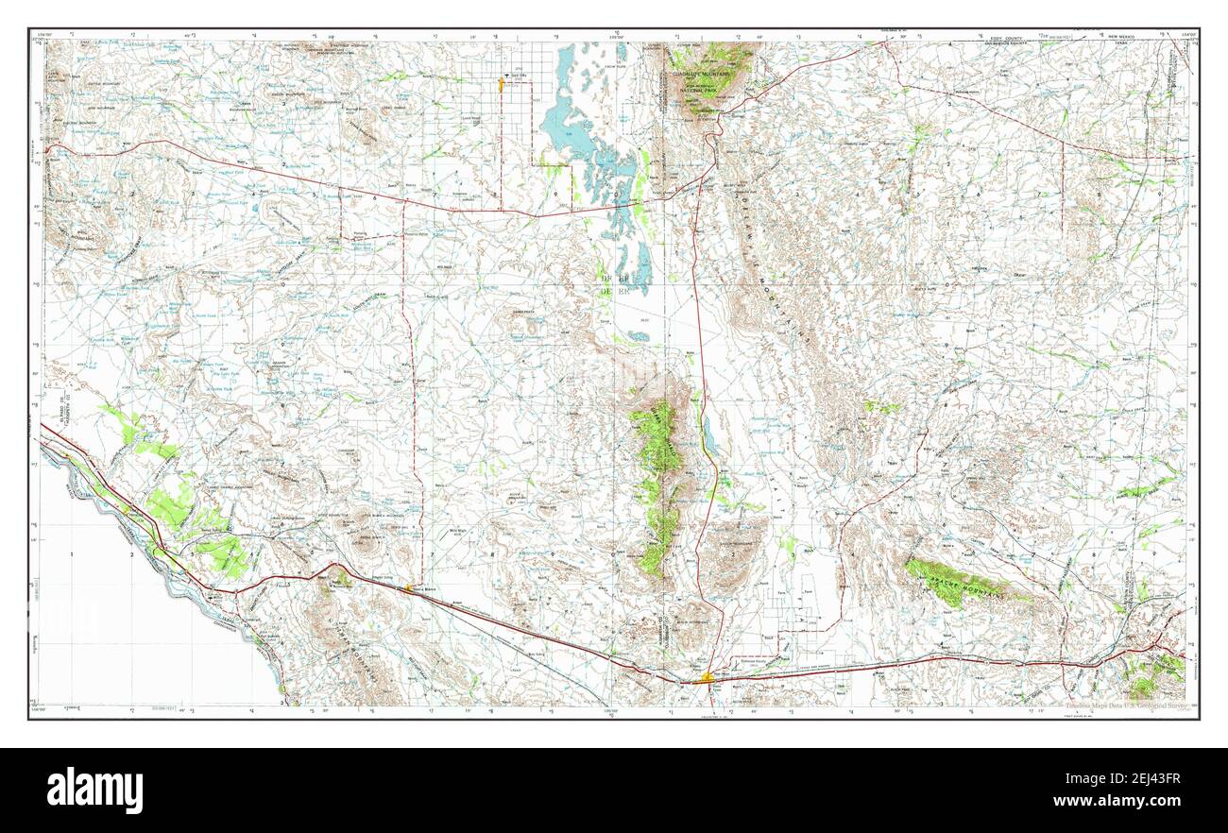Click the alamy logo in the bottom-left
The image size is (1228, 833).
click(95, 790)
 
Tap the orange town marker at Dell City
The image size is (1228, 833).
click(501, 84)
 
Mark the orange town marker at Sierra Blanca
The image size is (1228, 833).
click(408, 587)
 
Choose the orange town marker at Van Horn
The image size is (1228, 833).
click(708, 675)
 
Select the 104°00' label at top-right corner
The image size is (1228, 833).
click(1185, 36)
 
